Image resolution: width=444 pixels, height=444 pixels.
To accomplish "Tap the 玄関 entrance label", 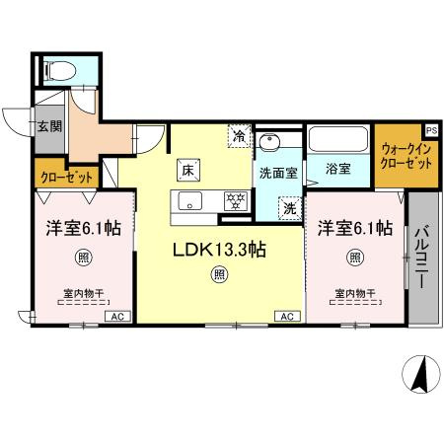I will (x=49, y=126).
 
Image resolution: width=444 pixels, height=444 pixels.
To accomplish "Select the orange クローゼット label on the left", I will (x=67, y=178).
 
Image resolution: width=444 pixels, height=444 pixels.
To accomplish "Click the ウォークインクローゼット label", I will (x=407, y=156).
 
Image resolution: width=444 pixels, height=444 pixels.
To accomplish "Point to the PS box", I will (x=431, y=129).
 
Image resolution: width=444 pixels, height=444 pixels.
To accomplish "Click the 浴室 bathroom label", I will (x=338, y=169).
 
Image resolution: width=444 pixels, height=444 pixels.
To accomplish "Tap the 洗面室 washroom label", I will (x=277, y=173).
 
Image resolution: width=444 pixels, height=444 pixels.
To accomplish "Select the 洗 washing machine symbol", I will (x=289, y=208).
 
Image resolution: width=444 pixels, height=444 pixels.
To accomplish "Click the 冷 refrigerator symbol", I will (x=239, y=136).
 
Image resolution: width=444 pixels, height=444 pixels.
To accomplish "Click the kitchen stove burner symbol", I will (x=236, y=200).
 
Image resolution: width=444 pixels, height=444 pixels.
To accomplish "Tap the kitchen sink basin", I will (x=187, y=203).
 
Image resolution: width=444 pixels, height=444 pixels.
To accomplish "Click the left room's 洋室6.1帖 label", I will (x=83, y=228).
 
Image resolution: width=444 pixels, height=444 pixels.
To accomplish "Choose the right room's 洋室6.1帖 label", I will (x=354, y=228).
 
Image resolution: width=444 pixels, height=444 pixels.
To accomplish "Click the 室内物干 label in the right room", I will (x=353, y=292).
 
